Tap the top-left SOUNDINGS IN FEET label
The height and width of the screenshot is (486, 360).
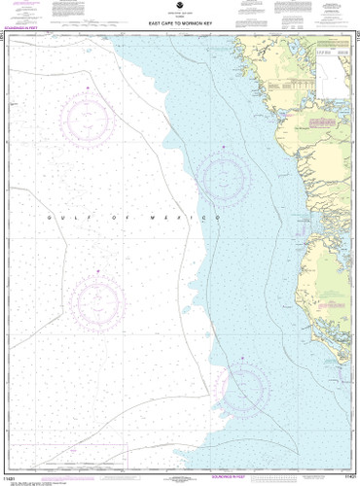pyautogui.click(x=23, y=34)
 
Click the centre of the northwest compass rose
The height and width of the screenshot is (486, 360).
pyautogui.click(x=88, y=120)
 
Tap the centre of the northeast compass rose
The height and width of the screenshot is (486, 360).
pyautogui.click(x=226, y=176)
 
